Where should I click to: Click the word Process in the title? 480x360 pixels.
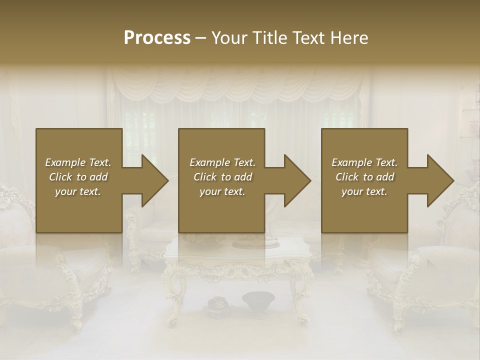[x=157, y=37]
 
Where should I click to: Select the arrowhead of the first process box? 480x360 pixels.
[x=152, y=180]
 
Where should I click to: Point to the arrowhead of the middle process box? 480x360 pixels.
[x=295, y=180]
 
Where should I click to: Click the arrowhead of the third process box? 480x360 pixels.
[x=438, y=180]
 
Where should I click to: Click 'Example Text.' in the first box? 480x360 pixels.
[x=78, y=162]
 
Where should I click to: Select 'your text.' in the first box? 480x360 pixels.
[x=78, y=191]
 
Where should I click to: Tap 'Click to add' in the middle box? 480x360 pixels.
[x=222, y=177]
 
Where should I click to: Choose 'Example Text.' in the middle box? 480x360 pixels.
[x=222, y=162]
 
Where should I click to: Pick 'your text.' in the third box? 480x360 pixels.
[x=364, y=191]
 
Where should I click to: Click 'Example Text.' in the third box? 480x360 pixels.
[x=364, y=162]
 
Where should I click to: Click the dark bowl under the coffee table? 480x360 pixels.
[x=258, y=301]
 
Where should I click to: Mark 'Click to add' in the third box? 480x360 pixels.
[x=364, y=177]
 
